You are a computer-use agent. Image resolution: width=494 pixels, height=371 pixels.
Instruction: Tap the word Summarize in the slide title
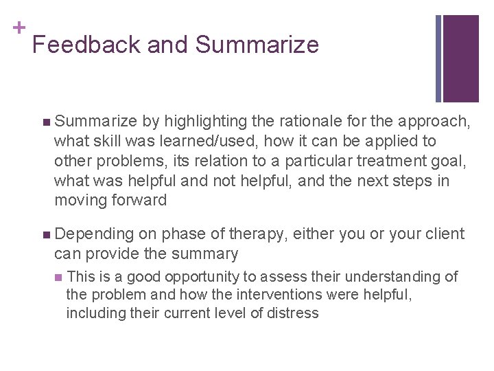pyautogui.click(x=257, y=45)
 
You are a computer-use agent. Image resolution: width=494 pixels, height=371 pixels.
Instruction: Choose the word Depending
pyautogui.click(x=93, y=234)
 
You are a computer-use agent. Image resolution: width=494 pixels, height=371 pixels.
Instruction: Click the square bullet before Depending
pyautogui.click(x=45, y=234)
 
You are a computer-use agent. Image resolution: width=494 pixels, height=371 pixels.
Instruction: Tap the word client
pyautogui.click(x=440, y=234)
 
